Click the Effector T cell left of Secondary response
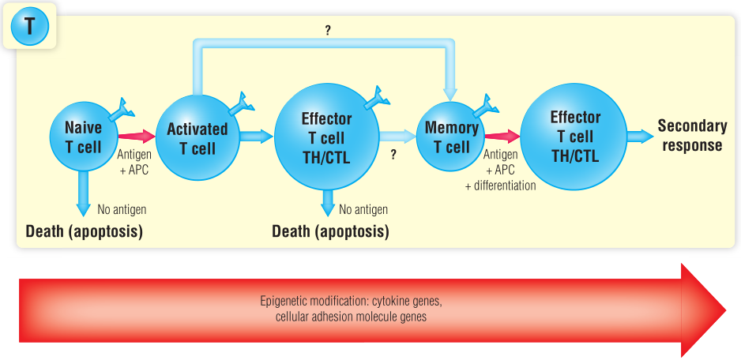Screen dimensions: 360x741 click(574, 137)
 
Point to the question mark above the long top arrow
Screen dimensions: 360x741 click(327, 30)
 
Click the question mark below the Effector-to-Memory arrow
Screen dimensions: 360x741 click(393, 156)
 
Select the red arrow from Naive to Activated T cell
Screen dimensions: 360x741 click(136, 136)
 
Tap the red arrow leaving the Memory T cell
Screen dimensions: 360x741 click(501, 136)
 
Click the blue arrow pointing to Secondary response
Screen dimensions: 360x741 click(639, 136)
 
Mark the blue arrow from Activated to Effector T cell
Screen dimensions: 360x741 click(255, 136)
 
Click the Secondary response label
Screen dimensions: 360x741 click(692, 136)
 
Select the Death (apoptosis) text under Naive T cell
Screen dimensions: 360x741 click(84, 231)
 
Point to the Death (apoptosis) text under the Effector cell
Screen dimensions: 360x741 click(330, 231)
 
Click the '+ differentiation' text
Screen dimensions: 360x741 click(500, 186)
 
